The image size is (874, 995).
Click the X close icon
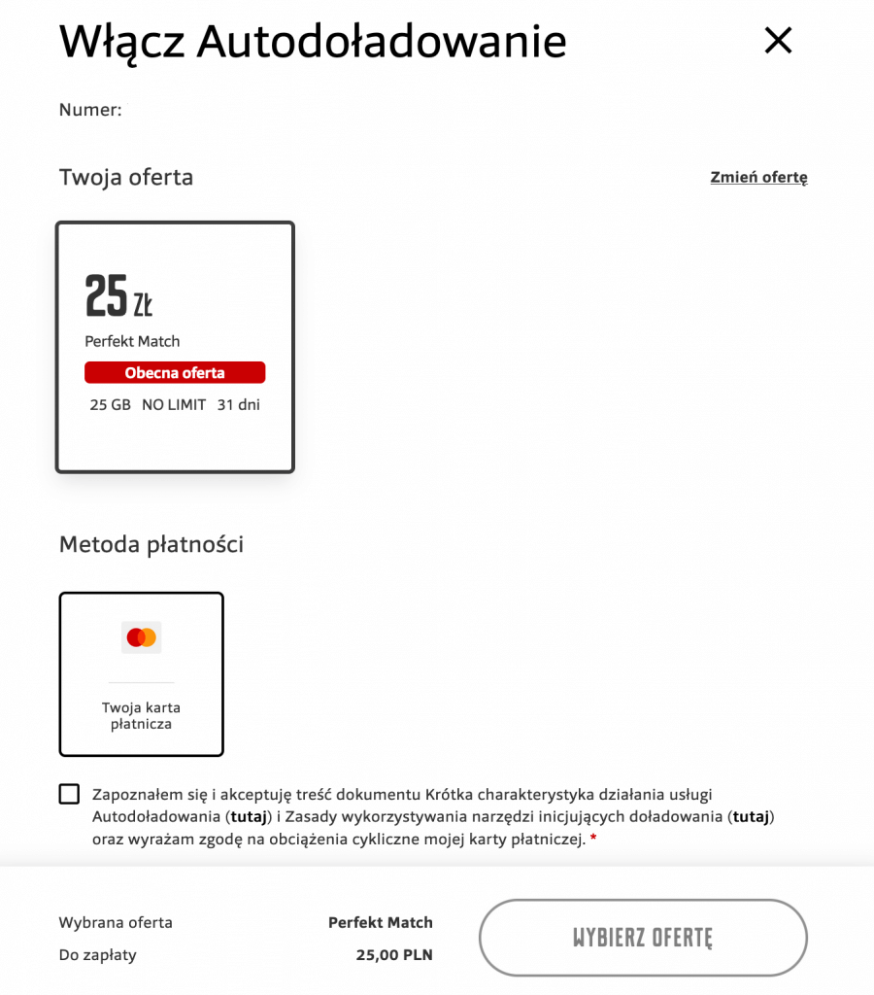(778, 40)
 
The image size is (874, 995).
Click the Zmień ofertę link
(758, 177)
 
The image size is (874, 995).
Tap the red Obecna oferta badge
(175, 373)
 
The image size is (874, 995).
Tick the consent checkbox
(69, 794)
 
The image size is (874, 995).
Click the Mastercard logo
(142, 637)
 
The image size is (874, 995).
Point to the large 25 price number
(106, 296)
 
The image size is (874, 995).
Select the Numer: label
(90, 110)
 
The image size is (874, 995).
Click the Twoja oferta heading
(126, 177)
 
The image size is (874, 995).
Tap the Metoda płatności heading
(151, 544)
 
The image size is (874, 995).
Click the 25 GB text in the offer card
(110, 405)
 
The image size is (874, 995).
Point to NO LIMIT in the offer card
(174, 405)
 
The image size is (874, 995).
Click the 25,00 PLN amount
(394, 955)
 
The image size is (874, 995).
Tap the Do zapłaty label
(97, 955)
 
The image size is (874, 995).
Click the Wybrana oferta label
(116, 922)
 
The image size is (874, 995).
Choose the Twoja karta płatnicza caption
(142, 715)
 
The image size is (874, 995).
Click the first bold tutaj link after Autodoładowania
(249, 816)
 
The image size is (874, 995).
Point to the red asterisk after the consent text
(593, 839)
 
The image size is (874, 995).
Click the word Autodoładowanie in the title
(382, 41)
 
